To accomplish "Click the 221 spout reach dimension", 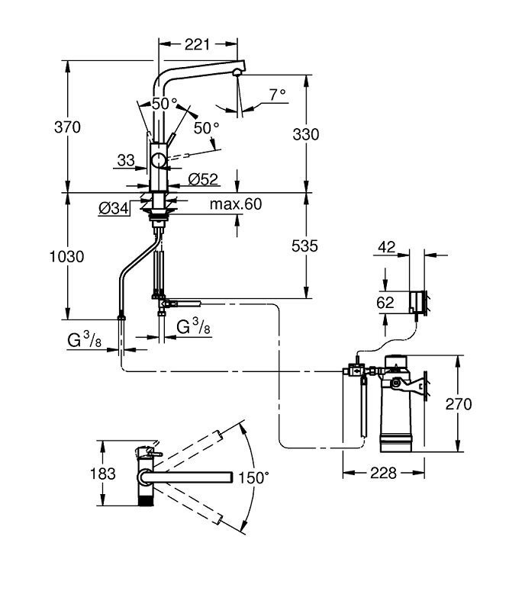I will [197, 45].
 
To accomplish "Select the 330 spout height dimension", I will [306, 134].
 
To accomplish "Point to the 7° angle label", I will [276, 95].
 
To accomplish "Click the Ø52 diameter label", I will [202, 179].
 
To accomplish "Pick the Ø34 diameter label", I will [113, 207].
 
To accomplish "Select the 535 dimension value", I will [305, 246].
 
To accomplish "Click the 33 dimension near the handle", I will [126, 160].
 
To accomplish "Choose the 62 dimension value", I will [386, 302].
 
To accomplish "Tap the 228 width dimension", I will [383, 473].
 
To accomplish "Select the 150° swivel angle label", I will [254, 478].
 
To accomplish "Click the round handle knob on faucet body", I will [158, 160].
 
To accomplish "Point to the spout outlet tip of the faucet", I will [237, 72].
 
